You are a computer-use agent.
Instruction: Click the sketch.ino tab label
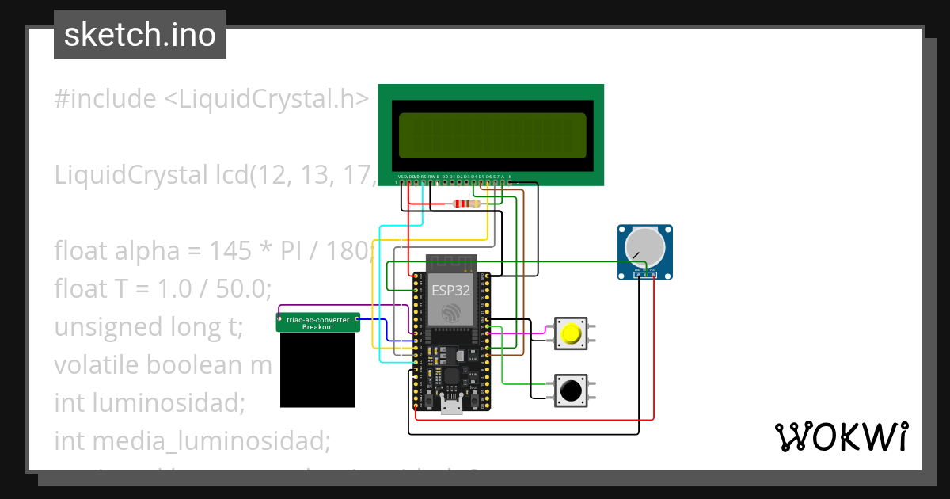(139, 35)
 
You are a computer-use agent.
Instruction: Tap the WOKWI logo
(841, 436)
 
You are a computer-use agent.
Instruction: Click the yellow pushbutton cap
(570, 333)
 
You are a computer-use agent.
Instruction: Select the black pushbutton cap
(570, 390)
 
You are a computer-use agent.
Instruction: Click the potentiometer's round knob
(644, 246)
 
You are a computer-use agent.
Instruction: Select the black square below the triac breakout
(318, 370)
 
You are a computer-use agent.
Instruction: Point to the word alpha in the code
(150, 251)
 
